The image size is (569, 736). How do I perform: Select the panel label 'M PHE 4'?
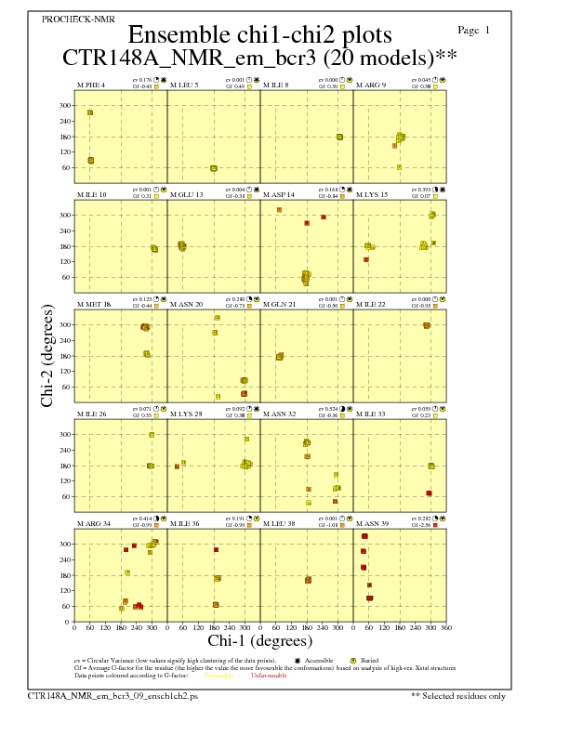(x=90, y=85)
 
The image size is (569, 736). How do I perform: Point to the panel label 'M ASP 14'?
(x=279, y=194)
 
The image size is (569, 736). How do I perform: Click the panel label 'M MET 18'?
(x=93, y=304)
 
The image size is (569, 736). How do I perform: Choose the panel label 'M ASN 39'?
(x=372, y=523)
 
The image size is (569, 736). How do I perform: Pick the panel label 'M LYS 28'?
(x=186, y=414)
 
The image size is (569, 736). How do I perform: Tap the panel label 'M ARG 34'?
(x=93, y=523)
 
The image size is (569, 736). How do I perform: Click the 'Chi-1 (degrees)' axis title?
(x=260, y=640)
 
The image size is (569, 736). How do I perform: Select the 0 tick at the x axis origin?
(x=74, y=628)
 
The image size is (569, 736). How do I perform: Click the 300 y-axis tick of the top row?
(x=65, y=105)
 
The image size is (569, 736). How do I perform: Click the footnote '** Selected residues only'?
(x=458, y=695)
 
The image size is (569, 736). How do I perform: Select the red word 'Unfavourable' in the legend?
(x=269, y=676)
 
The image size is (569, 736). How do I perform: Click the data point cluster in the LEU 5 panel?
(x=214, y=168)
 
